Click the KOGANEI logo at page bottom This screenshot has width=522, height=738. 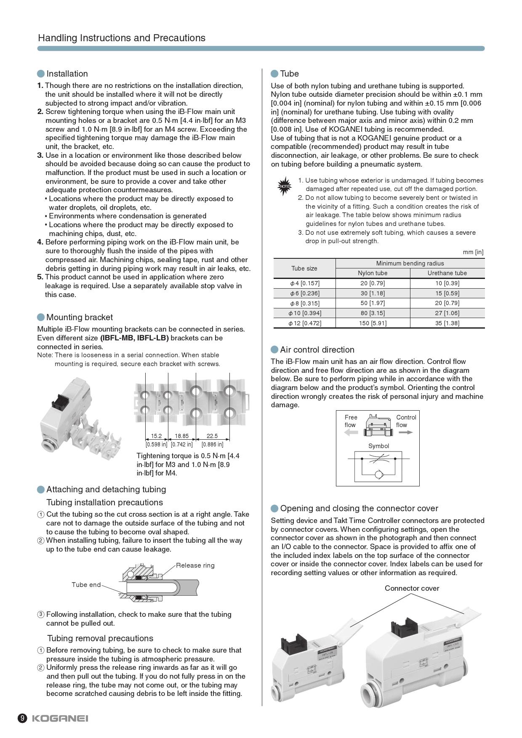60,718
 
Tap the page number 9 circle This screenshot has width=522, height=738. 22,718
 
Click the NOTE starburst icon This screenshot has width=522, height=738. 285,186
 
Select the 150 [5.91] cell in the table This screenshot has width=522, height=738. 373,323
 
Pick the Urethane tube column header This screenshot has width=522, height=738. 447,273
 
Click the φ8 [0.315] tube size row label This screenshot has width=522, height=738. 304,303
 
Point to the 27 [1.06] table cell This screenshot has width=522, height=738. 447,313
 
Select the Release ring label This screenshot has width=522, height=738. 195,565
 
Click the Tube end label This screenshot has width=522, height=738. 86,584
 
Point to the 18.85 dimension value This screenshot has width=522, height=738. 182,436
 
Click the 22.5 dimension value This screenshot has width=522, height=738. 212,436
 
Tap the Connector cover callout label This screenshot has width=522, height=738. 412,588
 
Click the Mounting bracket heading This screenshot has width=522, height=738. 80,317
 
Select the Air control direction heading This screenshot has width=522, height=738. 317,350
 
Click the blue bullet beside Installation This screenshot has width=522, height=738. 41,74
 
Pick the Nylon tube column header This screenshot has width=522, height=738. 373,273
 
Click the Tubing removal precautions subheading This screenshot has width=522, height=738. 100,638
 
